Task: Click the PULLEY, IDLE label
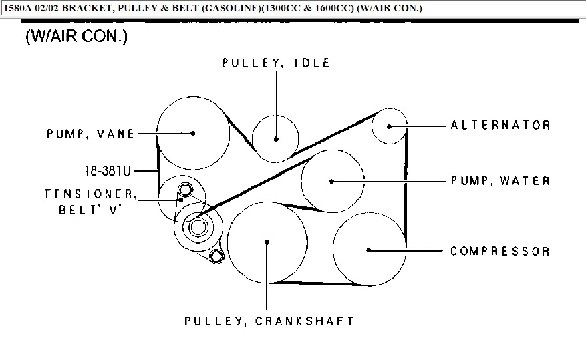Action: [276, 63]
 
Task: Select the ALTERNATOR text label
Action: [500, 125]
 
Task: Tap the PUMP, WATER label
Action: [500, 181]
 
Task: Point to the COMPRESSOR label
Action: [500, 251]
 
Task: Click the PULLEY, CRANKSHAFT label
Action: [269, 321]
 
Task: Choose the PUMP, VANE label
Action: [90, 134]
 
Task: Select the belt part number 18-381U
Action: [108, 171]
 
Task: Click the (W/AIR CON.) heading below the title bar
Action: [77, 36]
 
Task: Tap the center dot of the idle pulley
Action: [276, 139]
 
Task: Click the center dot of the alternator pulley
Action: [389, 126]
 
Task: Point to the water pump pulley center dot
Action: [331, 182]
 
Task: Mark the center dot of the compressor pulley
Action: [368, 250]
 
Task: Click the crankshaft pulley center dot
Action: [267, 242]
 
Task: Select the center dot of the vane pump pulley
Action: [193, 133]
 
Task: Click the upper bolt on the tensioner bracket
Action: [185, 190]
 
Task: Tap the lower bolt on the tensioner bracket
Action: [216, 256]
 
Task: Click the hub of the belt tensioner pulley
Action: [198, 226]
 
